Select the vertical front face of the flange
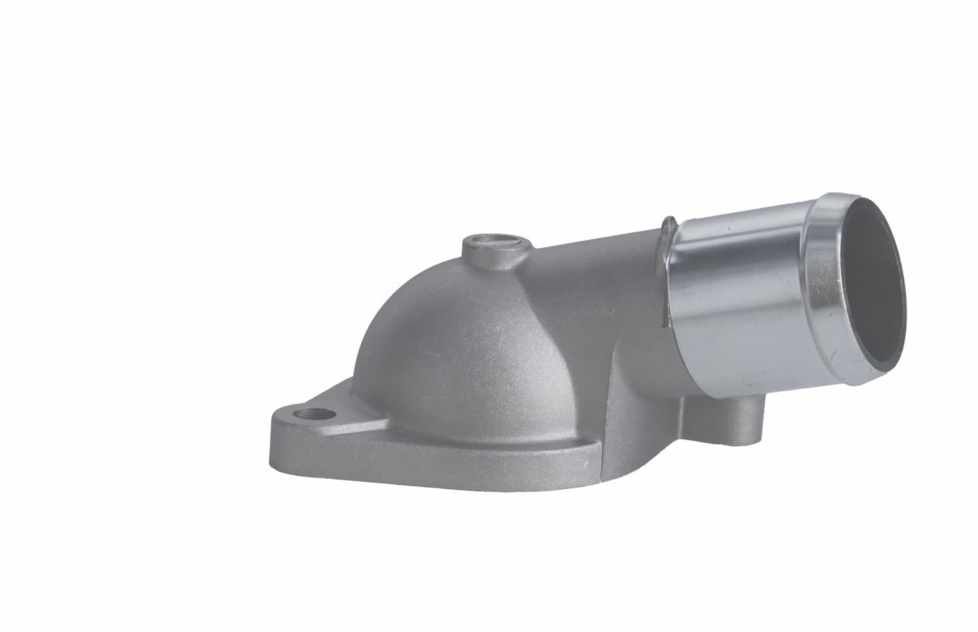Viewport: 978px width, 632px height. coord(391,466)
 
